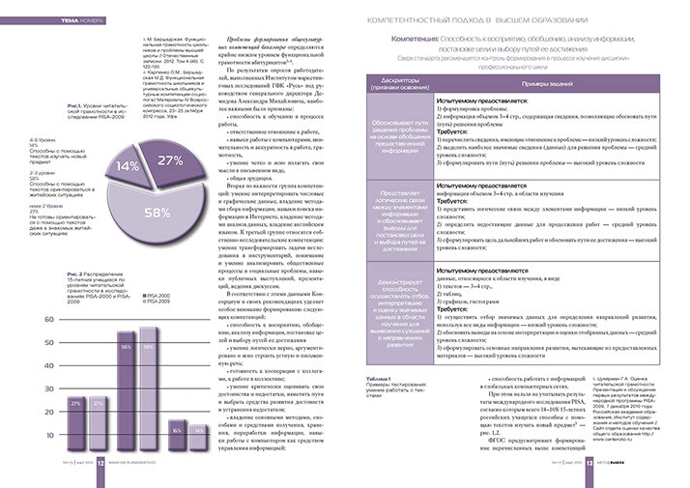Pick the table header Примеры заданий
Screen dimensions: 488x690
click(544, 82)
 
